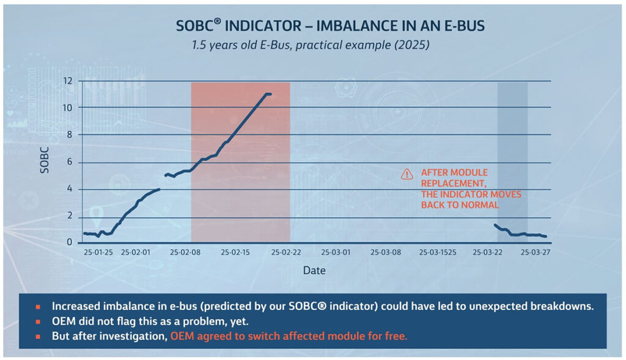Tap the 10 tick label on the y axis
[x=67, y=108]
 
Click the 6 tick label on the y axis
[x=69, y=162]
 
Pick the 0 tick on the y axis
[x=69, y=243]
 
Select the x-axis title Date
[x=314, y=270]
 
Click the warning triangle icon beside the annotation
[x=407, y=174]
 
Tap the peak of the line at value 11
[x=268, y=94]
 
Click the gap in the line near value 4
[x=163, y=183]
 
